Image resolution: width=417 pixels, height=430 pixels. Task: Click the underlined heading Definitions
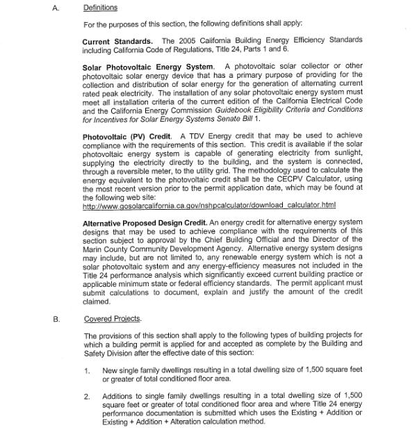(x=100, y=8)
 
